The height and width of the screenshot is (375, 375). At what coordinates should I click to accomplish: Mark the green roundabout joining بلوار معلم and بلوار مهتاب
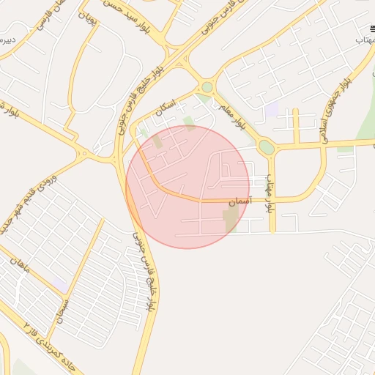[x=267, y=147]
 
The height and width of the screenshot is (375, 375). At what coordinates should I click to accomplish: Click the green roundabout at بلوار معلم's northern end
[x=207, y=87]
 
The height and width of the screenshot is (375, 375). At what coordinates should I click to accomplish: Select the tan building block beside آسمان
[x=231, y=218]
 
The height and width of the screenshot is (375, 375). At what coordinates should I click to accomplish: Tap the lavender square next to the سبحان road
[x=59, y=283]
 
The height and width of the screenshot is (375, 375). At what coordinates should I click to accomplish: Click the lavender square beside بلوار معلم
[x=272, y=109]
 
